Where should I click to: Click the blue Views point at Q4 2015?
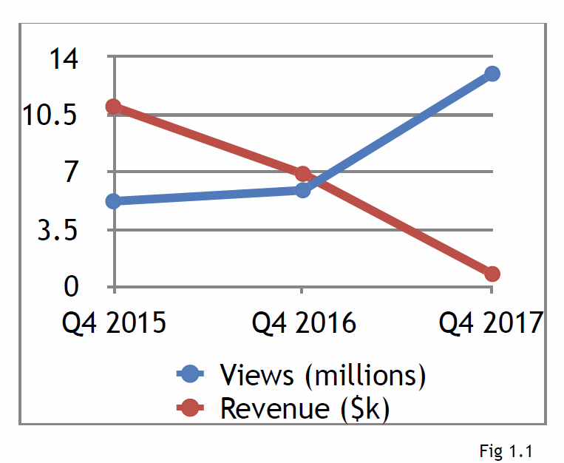pos(114,201)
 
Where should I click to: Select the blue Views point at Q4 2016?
pos(302,190)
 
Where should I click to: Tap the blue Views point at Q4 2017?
pos(492,73)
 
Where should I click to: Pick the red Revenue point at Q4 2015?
pos(113,107)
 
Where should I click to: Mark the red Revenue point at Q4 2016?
pos(302,174)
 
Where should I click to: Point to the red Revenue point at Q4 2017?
pos(492,274)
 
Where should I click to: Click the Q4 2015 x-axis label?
pos(114,323)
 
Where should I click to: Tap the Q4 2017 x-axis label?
pos(492,323)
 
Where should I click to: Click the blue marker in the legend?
pos(191,374)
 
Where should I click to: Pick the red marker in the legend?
pos(191,408)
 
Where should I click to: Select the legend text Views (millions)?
pos(322,375)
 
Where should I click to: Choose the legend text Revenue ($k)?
pos(304,408)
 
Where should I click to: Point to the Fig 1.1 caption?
pos(506,450)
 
